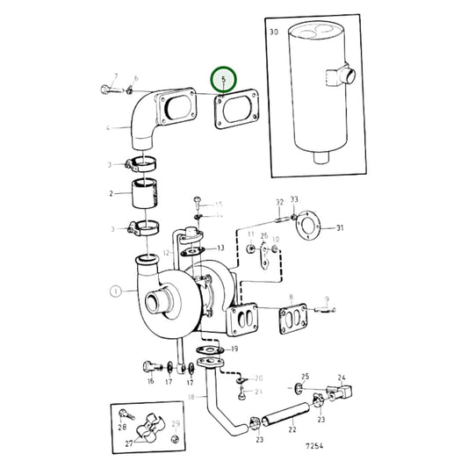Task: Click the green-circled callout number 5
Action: click(x=223, y=80)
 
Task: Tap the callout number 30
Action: click(x=274, y=32)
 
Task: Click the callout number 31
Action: click(x=341, y=229)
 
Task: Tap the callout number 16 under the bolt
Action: click(x=150, y=382)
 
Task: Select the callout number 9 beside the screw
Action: click(x=327, y=299)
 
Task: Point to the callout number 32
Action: click(x=279, y=201)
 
